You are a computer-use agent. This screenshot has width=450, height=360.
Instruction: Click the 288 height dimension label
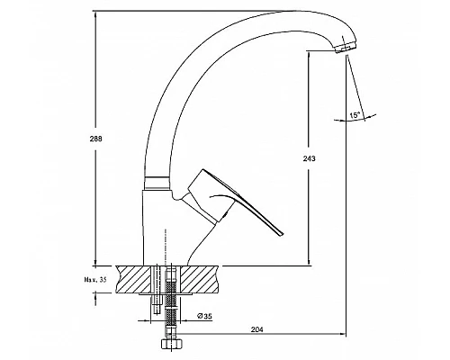point(95,139)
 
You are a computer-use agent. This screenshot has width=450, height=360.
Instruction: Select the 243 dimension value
point(309,158)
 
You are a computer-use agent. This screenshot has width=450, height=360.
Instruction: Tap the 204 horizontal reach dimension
point(256,329)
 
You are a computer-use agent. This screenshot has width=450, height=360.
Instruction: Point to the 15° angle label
point(355,114)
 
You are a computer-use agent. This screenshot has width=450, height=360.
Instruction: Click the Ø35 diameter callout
point(204,316)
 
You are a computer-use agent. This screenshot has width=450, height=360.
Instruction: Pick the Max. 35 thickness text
point(94,280)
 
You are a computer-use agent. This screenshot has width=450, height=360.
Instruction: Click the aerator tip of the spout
point(346,48)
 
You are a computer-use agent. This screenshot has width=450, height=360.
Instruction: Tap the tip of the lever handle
point(282,234)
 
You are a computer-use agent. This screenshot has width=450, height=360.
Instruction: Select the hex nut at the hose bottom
point(172,344)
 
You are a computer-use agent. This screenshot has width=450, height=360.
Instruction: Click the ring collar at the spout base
point(156,183)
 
